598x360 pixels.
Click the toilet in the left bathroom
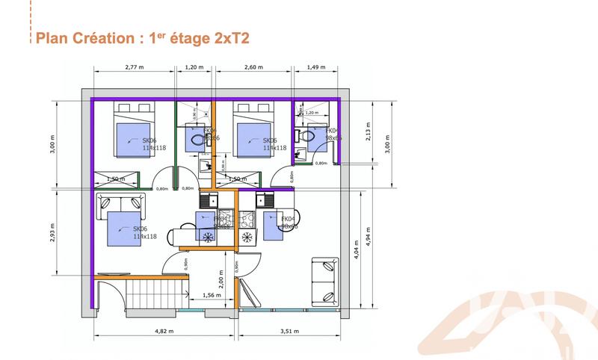click(x=196, y=137)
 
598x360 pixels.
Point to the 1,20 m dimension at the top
click(x=194, y=66)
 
